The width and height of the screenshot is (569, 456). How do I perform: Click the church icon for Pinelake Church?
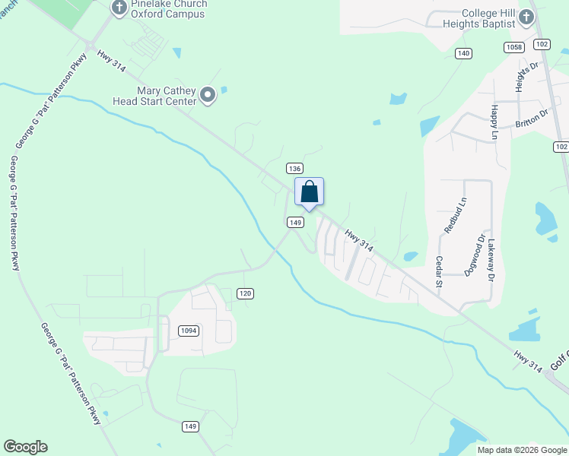[119, 8]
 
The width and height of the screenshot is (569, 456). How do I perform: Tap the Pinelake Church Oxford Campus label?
[169, 8]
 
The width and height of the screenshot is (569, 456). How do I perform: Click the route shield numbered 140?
[464, 53]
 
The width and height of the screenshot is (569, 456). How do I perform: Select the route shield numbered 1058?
[513, 47]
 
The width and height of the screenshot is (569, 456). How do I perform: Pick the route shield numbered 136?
[295, 168]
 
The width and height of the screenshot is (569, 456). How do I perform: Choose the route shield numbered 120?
[244, 293]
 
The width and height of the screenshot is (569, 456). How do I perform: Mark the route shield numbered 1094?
[189, 331]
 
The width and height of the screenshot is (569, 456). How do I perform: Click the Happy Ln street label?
[494, 122]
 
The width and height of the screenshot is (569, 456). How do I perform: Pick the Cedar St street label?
[439, 271]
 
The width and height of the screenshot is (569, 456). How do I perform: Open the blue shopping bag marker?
[309, 192]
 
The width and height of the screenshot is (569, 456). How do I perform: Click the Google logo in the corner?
[25, 447]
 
